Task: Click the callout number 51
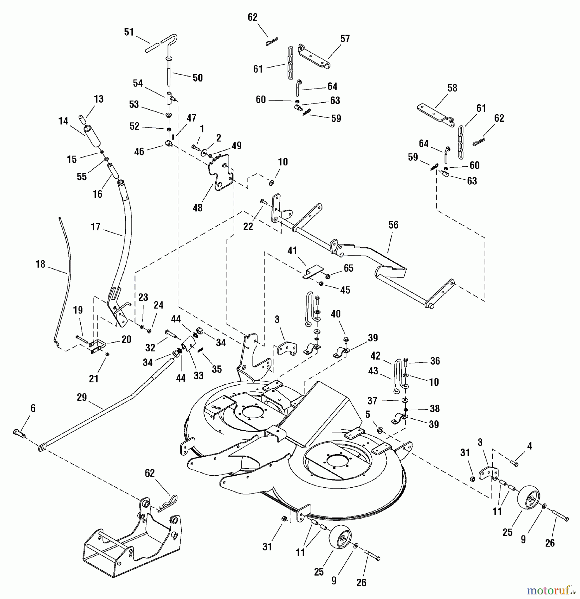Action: click(129, 32)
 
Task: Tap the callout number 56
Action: click(393, 225)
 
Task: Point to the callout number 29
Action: click(82, 397)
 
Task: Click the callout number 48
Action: click(197, 208)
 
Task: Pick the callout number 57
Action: click(345, 39)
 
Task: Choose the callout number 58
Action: click(452, 88)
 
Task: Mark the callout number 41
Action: click(292, 250)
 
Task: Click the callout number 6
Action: click(33, 408)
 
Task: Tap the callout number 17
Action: click(96, 227)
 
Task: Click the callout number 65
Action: click(348, 268)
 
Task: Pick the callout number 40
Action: click(335, 314)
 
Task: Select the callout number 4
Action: click(529, 446)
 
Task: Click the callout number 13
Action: click(98, 99)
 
